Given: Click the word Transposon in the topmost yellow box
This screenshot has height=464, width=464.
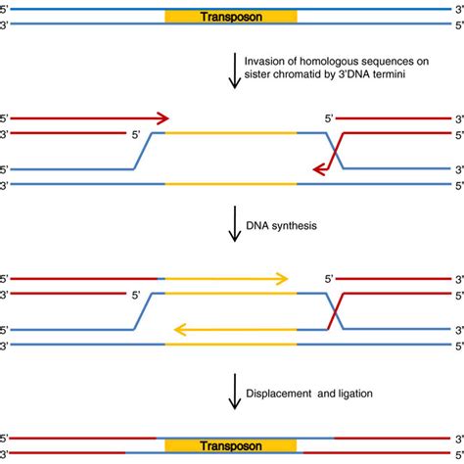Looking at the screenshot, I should point(231,18).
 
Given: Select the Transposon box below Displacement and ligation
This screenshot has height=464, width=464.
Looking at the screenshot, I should point(231,445).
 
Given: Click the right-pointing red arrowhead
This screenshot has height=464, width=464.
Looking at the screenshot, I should point(162,117).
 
